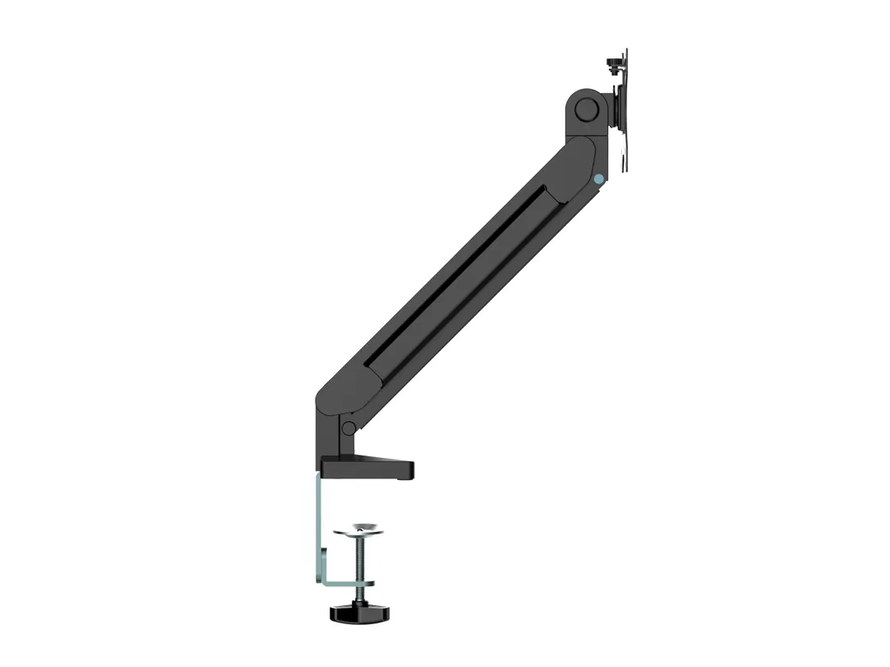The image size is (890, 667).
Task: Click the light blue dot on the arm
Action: point(598,178)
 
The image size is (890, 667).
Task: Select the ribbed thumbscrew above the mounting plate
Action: point(612,63)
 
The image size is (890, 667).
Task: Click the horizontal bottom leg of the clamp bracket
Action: point(342,583)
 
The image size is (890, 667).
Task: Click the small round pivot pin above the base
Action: point(349,428)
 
